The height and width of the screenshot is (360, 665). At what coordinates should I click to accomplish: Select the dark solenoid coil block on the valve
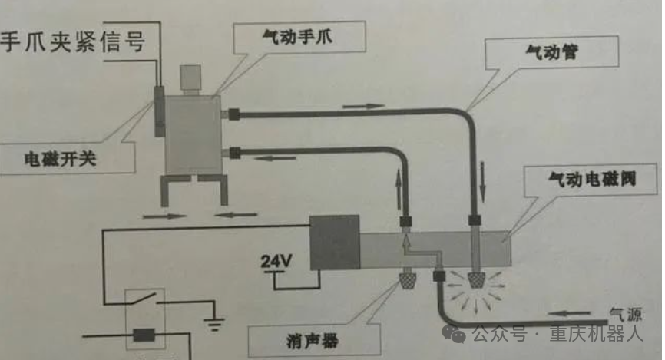(x=334, y=243)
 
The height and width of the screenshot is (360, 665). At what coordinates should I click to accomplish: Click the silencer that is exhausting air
(x=477, y=281)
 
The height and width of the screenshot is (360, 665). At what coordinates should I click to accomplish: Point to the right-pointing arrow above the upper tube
(x=363, y=106)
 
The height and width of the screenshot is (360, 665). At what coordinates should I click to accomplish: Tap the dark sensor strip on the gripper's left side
(x=159, y=112)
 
